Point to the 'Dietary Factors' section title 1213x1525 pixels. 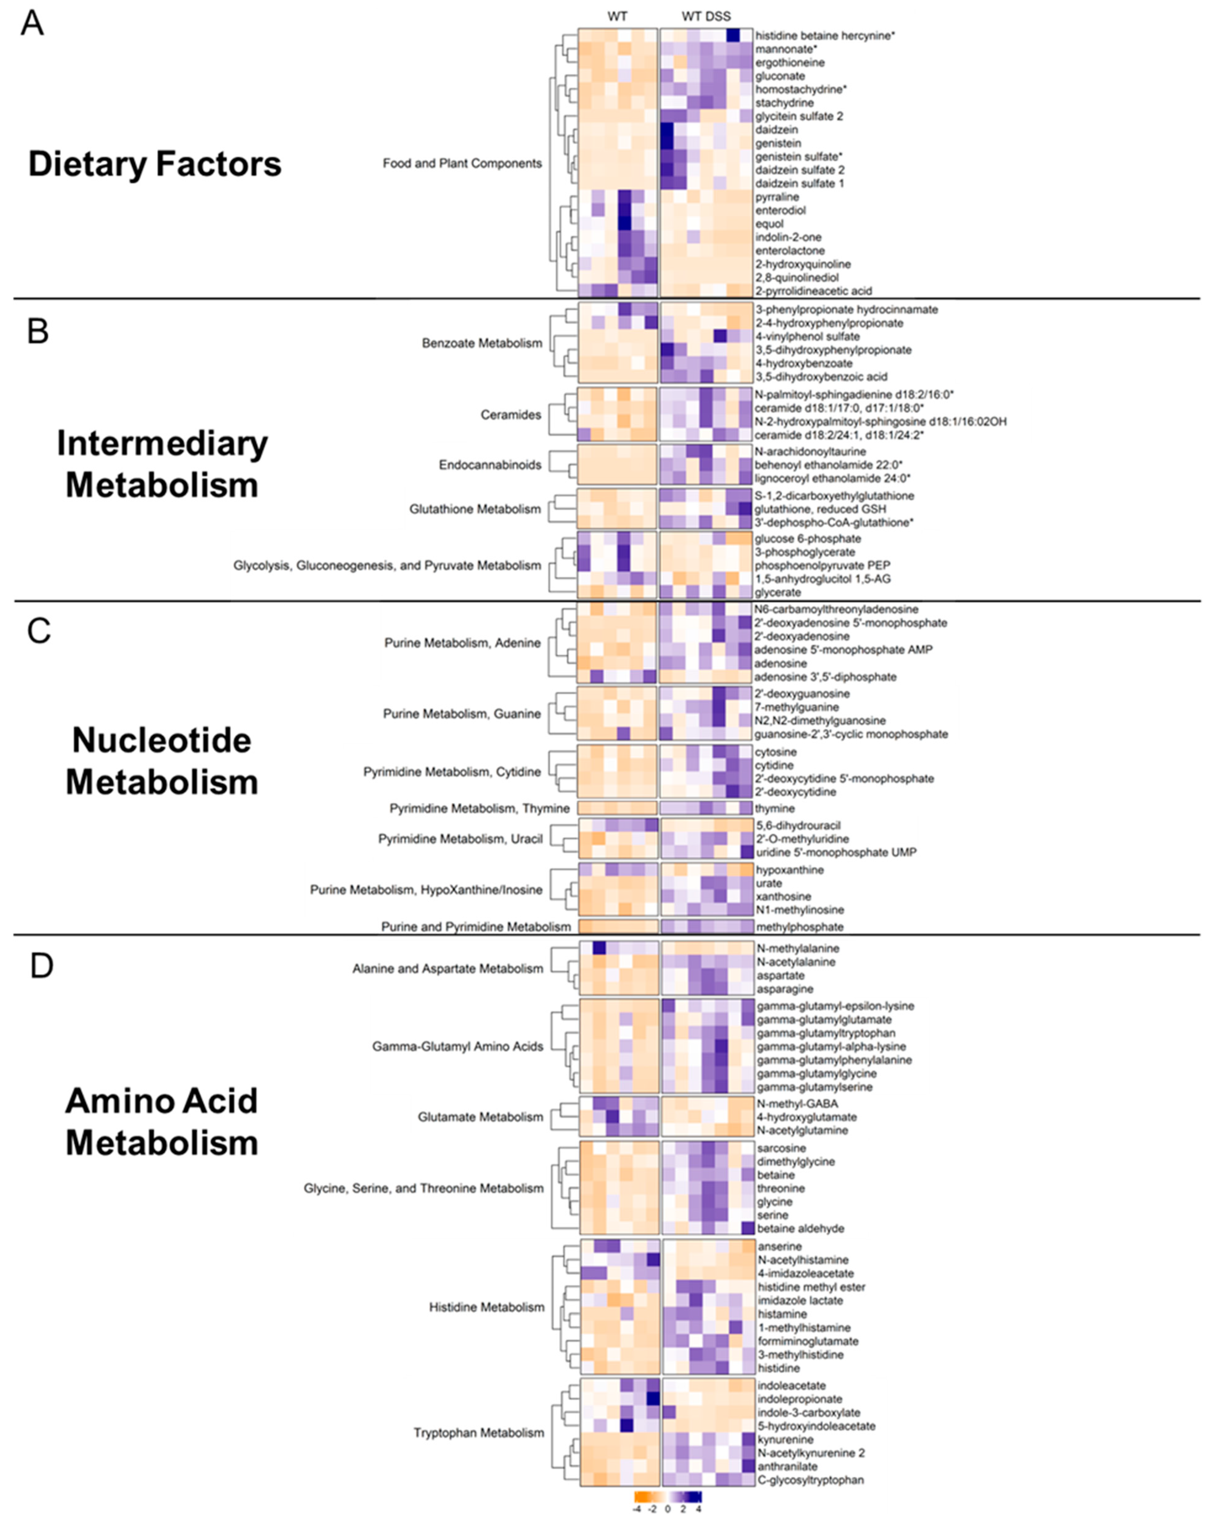(154, 164)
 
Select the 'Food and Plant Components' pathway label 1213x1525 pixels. (462, 163)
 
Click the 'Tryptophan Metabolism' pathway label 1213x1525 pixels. (479, 1432)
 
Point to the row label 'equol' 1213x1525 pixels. (770, 224)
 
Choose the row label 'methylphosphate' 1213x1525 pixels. (799, 927)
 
